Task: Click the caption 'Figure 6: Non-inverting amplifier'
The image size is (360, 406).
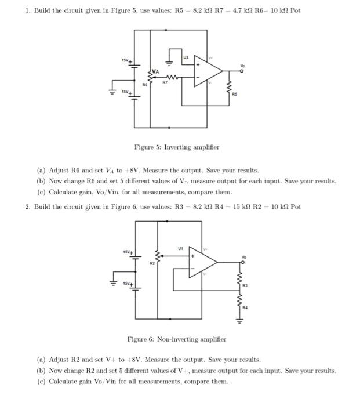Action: (x=176, y=339)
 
